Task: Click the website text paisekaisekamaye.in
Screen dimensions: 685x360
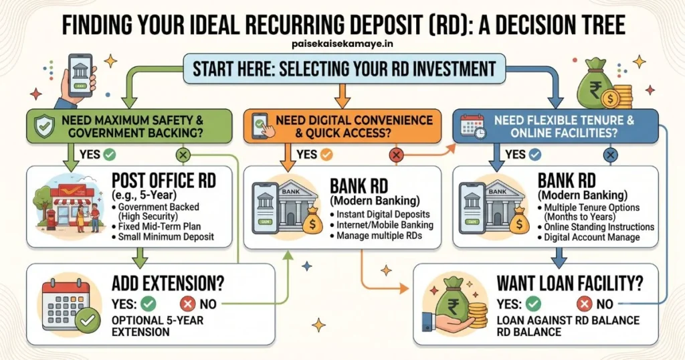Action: (343, 43)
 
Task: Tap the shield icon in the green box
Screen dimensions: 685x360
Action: (45, 126)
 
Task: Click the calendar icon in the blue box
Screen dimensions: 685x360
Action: (473, 126)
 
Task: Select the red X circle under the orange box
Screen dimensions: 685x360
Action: (396, 155)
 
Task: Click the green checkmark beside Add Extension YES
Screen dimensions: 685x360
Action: (149, 303)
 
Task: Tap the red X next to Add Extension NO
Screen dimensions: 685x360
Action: (188, 303)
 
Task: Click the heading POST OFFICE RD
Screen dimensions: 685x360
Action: (164, 180)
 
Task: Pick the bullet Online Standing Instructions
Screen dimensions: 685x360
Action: (596, 228)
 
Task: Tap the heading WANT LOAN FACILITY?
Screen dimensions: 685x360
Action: (570, 284)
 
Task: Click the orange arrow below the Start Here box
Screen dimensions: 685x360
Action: (342, 95)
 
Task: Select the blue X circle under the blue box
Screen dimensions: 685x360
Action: (610, 155)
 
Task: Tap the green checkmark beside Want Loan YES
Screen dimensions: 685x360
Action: (533, 303)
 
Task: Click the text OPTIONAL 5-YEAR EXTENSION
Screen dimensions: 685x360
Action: (157, 326)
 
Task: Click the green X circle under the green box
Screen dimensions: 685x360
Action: (183, 155)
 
